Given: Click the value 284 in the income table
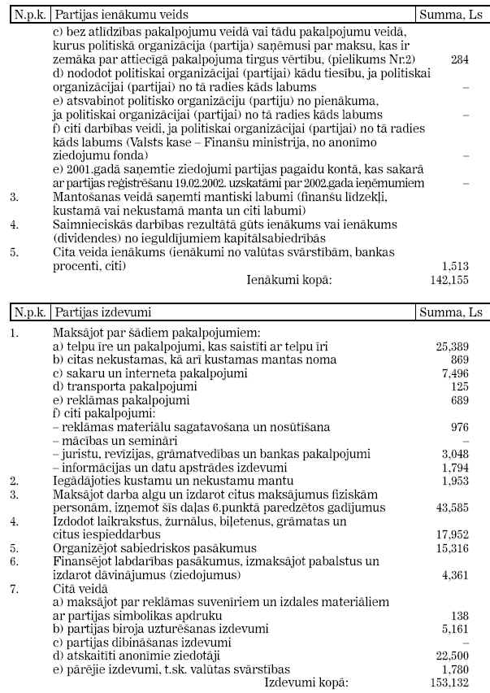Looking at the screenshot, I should point(459,60).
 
